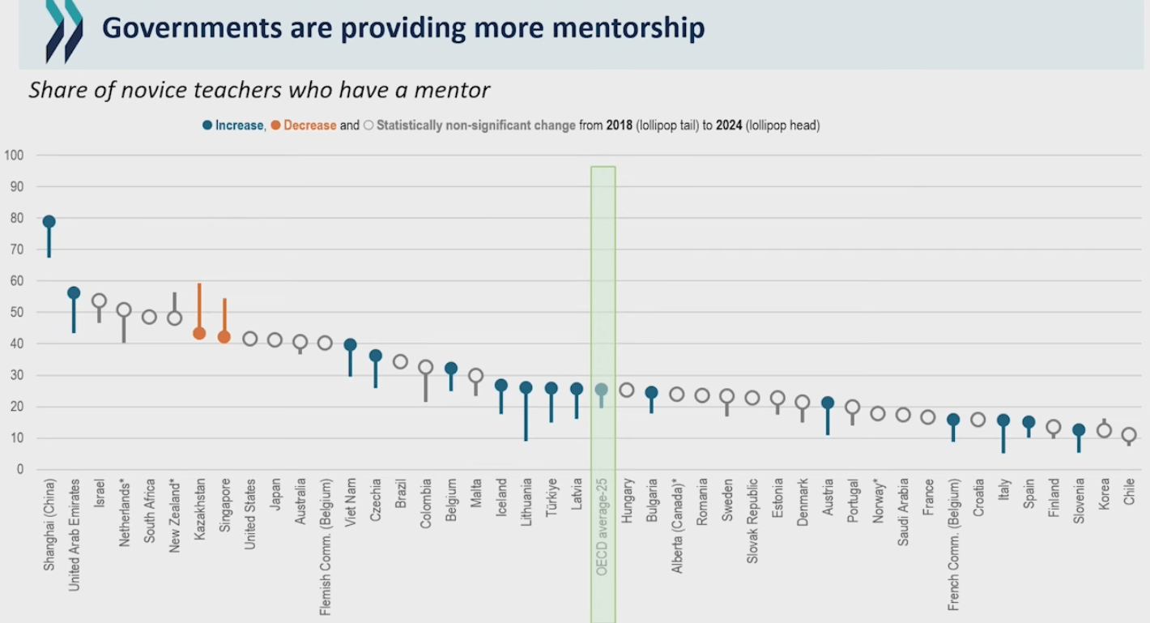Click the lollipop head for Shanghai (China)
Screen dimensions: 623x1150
49,221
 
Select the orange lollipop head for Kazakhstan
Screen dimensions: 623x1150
199,333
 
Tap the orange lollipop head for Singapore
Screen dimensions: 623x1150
224,337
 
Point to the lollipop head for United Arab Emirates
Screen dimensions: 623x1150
74,292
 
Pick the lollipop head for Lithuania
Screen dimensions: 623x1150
526,387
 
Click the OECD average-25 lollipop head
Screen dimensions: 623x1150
601,390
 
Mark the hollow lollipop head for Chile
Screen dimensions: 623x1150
1129,435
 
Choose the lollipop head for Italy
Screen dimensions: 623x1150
1003,420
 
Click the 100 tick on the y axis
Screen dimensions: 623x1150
14,155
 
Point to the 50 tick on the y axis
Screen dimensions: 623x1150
17,313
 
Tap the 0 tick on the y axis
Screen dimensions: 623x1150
19,470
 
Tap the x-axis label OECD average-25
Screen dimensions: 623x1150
602,527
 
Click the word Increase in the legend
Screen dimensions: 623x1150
239,126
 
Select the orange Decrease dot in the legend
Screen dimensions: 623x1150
276,126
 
